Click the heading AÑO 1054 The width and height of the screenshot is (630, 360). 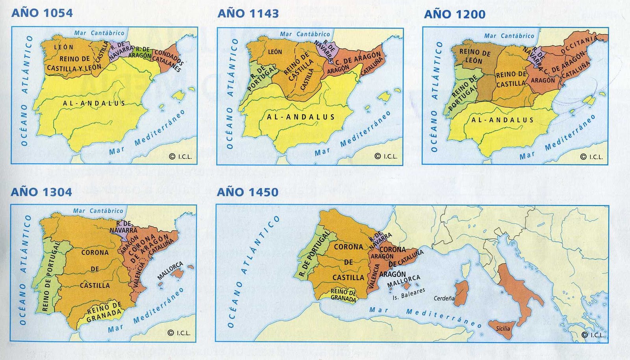coord(42,13)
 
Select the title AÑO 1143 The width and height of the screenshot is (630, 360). coord(248,13)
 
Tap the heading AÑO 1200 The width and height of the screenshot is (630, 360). coord(454,15)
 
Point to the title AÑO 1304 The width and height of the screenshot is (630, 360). coord(41,192)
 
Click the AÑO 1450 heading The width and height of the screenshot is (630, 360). coord(247,192)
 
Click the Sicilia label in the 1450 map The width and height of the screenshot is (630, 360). coord(503,328)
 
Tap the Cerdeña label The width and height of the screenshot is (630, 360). coord(444,298)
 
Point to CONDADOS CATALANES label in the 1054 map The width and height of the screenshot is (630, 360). coord(168,59)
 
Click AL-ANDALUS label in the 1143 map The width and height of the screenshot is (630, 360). coord(301,117)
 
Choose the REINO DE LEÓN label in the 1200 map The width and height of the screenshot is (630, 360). coord(474,56)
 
